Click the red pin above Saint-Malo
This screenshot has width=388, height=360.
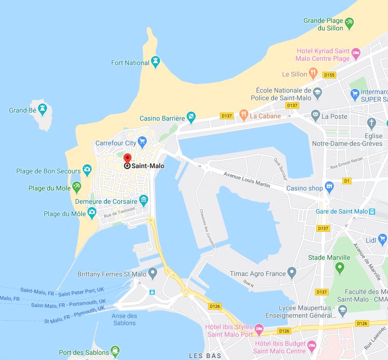tap(127, 158)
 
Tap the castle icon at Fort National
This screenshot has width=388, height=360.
tap(155, 62)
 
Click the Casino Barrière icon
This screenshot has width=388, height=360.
tap(190, 116)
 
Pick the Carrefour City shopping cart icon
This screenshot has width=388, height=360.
tap(142, 142)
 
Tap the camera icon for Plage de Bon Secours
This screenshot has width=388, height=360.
tap(87, 170)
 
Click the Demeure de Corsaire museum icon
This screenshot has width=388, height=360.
tap(144, 200)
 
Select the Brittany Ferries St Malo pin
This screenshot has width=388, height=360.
tap(152, 273)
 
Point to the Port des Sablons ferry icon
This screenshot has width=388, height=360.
tap(114, 352)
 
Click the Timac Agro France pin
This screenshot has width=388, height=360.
tap(292, 273)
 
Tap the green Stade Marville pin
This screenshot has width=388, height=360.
tap(340, 268)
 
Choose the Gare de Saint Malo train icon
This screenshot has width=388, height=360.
tap(372, 211)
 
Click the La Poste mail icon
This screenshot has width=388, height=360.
tap(315, 115)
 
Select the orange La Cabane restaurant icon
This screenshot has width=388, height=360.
tap(243, 114)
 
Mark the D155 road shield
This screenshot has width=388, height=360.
tap(329, 75)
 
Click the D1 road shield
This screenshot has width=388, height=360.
tap(347, 181)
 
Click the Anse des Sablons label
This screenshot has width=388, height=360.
tap(124, 319)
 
